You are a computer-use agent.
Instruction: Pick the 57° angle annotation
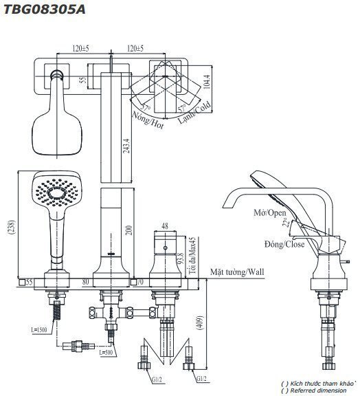point(145,106)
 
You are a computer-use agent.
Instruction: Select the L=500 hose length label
point(105,353)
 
